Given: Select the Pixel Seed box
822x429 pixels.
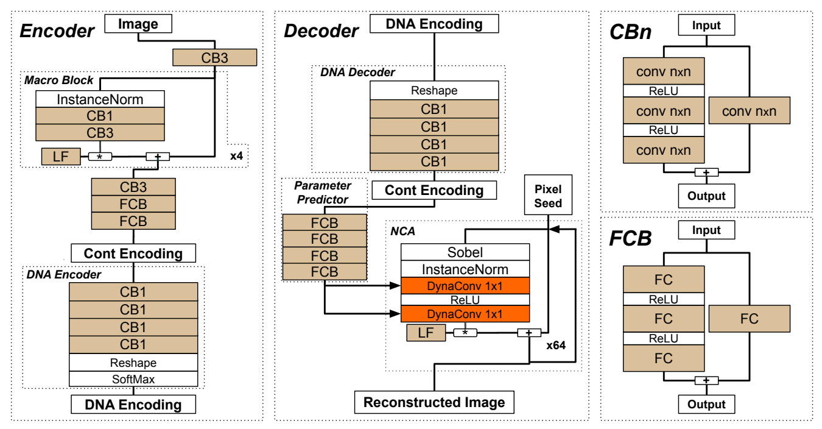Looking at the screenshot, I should pos(549,196).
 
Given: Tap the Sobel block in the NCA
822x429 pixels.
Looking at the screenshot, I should pos(465,252).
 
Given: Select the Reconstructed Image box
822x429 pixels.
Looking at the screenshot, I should pos(434,402).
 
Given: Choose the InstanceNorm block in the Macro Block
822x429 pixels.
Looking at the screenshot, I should pos(100,99).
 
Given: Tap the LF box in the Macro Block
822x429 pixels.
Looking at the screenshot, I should pos(60,157).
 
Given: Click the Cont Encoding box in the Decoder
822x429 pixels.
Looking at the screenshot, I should pos(434,190).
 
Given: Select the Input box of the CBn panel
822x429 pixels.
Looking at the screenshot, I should pos(706,26).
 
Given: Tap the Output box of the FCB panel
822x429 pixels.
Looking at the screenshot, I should pos(706,403).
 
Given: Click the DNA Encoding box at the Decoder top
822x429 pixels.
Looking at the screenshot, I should pos(434,24).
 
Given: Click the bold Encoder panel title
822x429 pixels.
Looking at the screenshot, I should pos(58,30).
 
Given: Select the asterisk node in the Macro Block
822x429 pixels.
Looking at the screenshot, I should pos(100,157).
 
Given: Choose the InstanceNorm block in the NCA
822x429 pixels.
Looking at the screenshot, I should pos(465,269).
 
